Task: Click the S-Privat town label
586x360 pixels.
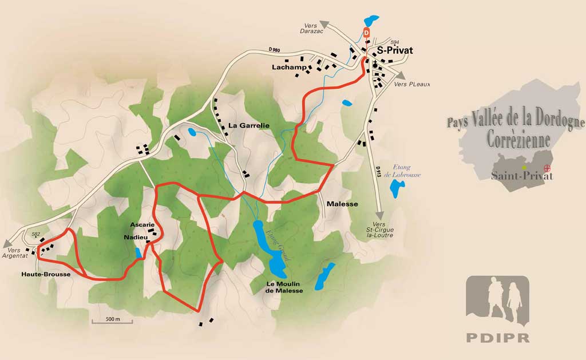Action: (395, 50)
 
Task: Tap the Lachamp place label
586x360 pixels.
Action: (286, 68)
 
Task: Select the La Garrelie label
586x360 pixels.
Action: (248, 125)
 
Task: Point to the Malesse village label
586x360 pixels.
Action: (342, 204)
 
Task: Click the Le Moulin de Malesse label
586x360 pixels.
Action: (284, 287)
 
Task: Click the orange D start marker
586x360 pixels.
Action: (367, 33)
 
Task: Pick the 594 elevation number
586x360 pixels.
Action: (394, 42)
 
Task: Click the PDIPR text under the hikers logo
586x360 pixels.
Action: (497, 337)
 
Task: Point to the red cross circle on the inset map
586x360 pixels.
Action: (547, 168)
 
